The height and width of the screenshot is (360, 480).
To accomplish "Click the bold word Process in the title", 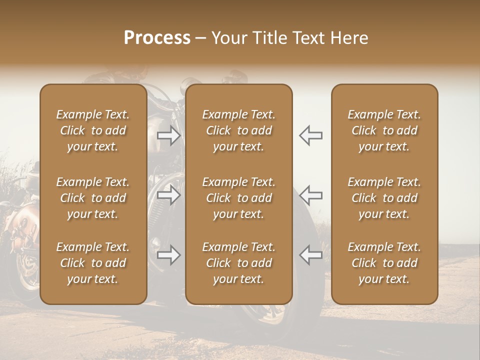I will [157, 38].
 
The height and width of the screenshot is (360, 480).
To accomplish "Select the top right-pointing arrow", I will [169, 135].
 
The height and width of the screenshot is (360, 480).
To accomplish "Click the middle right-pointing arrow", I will [169, 195].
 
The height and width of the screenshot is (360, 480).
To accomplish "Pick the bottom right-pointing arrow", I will [169, 255].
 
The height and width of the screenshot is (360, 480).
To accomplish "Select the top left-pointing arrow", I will [311, 135].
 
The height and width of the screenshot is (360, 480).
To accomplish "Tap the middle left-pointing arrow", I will [311, 195].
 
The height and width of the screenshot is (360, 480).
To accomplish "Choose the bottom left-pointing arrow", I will [311, 255].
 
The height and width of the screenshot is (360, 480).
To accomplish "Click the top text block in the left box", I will [93, 130].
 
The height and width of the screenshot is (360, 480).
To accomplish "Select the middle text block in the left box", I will [93, 198].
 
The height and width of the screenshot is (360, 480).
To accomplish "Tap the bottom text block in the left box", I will [93, 263].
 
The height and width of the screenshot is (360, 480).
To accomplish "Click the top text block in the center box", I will [239, 130].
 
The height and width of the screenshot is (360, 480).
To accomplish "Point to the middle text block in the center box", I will [239, 198].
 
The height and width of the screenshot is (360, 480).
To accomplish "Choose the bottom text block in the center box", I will [239, 263].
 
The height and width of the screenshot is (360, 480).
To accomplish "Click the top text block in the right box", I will [384, 130].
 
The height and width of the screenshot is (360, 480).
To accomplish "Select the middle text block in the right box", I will [384, 198].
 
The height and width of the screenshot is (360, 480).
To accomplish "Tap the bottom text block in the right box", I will [384, 263].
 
